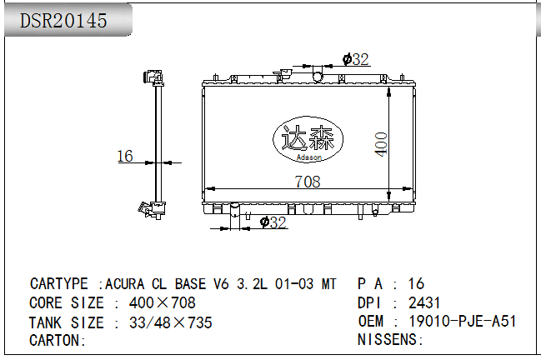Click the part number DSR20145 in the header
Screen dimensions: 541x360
63,20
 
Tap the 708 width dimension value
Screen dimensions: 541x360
308,182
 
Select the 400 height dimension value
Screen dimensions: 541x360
381,144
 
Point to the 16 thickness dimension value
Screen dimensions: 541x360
125,156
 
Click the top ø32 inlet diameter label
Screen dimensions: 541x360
356,59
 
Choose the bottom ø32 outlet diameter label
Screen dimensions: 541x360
273,222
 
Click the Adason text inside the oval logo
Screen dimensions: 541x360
308,157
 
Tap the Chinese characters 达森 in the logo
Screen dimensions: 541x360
308,137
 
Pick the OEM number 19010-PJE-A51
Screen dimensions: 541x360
463,321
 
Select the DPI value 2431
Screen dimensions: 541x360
424,302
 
